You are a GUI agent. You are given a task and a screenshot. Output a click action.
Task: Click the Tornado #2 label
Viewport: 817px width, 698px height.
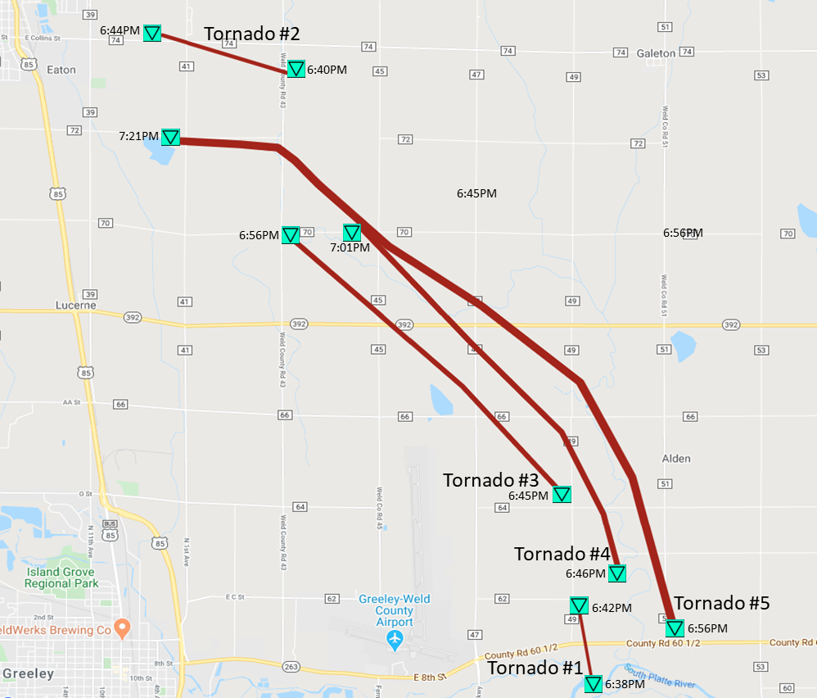click(251, 34)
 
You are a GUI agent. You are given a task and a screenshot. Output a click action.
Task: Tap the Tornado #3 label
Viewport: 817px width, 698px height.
click(490, 480)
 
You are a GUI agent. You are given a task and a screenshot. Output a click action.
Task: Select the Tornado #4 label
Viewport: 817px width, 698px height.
click(562, 554)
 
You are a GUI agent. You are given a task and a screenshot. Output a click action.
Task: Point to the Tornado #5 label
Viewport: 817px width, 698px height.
click(721, 604)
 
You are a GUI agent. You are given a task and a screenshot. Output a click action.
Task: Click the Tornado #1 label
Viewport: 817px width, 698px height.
click(535, 669)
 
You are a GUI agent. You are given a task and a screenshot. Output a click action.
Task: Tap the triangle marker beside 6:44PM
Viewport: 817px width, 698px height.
click(151, 33)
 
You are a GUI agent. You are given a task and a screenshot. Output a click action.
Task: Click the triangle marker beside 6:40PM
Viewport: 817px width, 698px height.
click(296, 69)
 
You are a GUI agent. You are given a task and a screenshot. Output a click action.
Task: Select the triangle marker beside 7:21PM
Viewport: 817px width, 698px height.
click(170, 137)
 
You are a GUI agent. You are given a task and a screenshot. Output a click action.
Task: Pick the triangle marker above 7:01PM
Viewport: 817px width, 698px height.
click(352, 233)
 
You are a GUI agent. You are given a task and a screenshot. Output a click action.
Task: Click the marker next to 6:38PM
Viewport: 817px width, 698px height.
click(593, 683)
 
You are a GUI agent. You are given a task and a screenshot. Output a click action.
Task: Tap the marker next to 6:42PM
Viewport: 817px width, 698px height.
click(579, 606)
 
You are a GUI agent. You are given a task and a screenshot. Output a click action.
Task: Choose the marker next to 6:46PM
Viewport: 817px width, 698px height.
click(616, 573)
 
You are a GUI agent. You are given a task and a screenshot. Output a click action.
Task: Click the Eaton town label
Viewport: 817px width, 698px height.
click(61, 70)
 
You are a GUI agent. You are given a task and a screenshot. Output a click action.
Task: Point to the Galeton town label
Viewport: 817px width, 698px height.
click(656, 53)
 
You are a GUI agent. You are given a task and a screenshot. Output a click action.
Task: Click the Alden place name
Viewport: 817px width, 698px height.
click(676, 459)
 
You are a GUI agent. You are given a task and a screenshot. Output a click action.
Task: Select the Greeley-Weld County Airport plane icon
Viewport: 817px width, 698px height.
click(395, 638)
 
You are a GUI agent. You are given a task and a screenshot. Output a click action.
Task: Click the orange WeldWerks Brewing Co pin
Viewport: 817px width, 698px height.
click(122, 628)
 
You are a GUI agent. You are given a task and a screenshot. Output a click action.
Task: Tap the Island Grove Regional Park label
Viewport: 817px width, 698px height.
click(61, 578)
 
